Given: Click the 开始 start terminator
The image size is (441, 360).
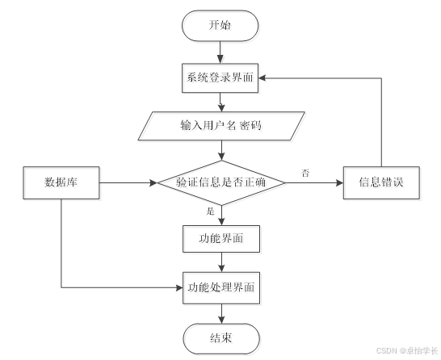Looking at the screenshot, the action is (x=220, y=26).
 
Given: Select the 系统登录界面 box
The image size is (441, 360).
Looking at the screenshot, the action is (x=220, y=77).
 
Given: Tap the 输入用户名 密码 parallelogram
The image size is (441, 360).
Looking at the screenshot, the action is (x=221, y=126).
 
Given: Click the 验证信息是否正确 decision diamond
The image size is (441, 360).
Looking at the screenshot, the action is (x=221, y=182).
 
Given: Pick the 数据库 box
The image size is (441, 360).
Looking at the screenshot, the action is (x=61, y=182).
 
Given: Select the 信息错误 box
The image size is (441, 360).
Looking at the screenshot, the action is (x=381, y=182).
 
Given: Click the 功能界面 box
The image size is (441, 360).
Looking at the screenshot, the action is (x=221, y=239).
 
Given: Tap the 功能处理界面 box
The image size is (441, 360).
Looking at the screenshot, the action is (x=221, y=288).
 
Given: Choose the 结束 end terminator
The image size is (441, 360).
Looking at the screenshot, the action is (x=221, y=338).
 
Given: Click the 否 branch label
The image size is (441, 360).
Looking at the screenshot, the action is (x=305, y=173).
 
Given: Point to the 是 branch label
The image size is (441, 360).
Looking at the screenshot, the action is (x=210, y=211).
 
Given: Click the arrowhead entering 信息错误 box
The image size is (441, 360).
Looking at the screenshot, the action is (x=340, y=182).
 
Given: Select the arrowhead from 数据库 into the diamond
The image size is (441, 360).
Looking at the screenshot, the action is (x=153, y=182).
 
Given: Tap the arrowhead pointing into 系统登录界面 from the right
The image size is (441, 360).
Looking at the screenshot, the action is (x=262, y=78).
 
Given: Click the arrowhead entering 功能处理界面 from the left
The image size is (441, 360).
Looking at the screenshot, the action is (x=179, y=288).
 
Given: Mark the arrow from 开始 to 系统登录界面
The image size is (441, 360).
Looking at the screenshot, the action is (x=220, y=52).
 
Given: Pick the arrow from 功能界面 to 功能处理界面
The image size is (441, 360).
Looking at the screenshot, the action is (x=221, y=262).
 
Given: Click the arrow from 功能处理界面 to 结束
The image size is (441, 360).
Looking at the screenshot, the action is (x=221, y=314).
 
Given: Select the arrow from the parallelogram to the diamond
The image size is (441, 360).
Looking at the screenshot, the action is (x=221, y=150).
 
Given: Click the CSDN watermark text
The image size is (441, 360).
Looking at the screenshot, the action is (x=407, y=351).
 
